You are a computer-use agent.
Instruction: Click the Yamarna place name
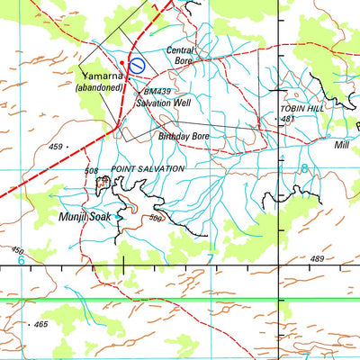tap(102, 76)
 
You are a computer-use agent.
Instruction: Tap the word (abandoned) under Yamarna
tap(100, 87)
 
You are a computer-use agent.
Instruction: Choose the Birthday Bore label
tap(184, 137)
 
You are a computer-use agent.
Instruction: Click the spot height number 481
tap(289, 119)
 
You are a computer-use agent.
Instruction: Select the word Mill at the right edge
tap(341, 144)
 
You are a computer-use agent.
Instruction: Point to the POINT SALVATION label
tap(148, 168)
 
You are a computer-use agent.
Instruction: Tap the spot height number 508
tap(91, 169)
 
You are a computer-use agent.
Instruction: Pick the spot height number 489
tap(317, 259)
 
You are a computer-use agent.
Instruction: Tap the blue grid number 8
tap(304, 168)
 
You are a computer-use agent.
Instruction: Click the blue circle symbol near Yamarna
tap(138, 64)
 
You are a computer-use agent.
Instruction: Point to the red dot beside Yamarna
tap(122, 60)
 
